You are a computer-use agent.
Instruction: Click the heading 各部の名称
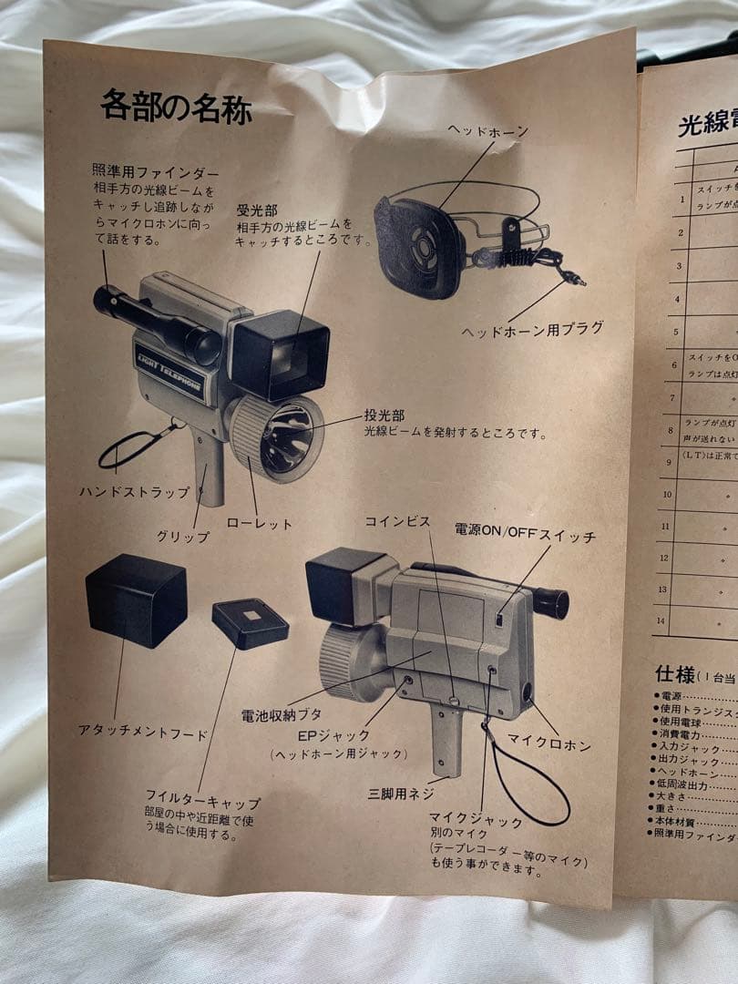click(176, 108)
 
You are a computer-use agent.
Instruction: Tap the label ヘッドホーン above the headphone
click(487, 132)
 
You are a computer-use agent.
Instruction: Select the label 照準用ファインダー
click(155, 170)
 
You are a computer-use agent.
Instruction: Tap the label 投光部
click(384, 415)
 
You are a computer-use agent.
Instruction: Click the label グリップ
click(182, 537)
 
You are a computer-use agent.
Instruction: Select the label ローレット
click(260, 524)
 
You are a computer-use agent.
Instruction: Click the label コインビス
click(397, 521)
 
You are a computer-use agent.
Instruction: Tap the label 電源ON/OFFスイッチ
click(525, 537)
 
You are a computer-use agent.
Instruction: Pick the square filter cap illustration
click(250, 622)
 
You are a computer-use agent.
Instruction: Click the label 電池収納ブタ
click(281, 715)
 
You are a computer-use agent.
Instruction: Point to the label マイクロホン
click(548, 745)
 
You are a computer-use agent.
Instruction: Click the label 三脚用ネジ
click(401, 794)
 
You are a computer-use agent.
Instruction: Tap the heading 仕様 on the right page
click(674, 674)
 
